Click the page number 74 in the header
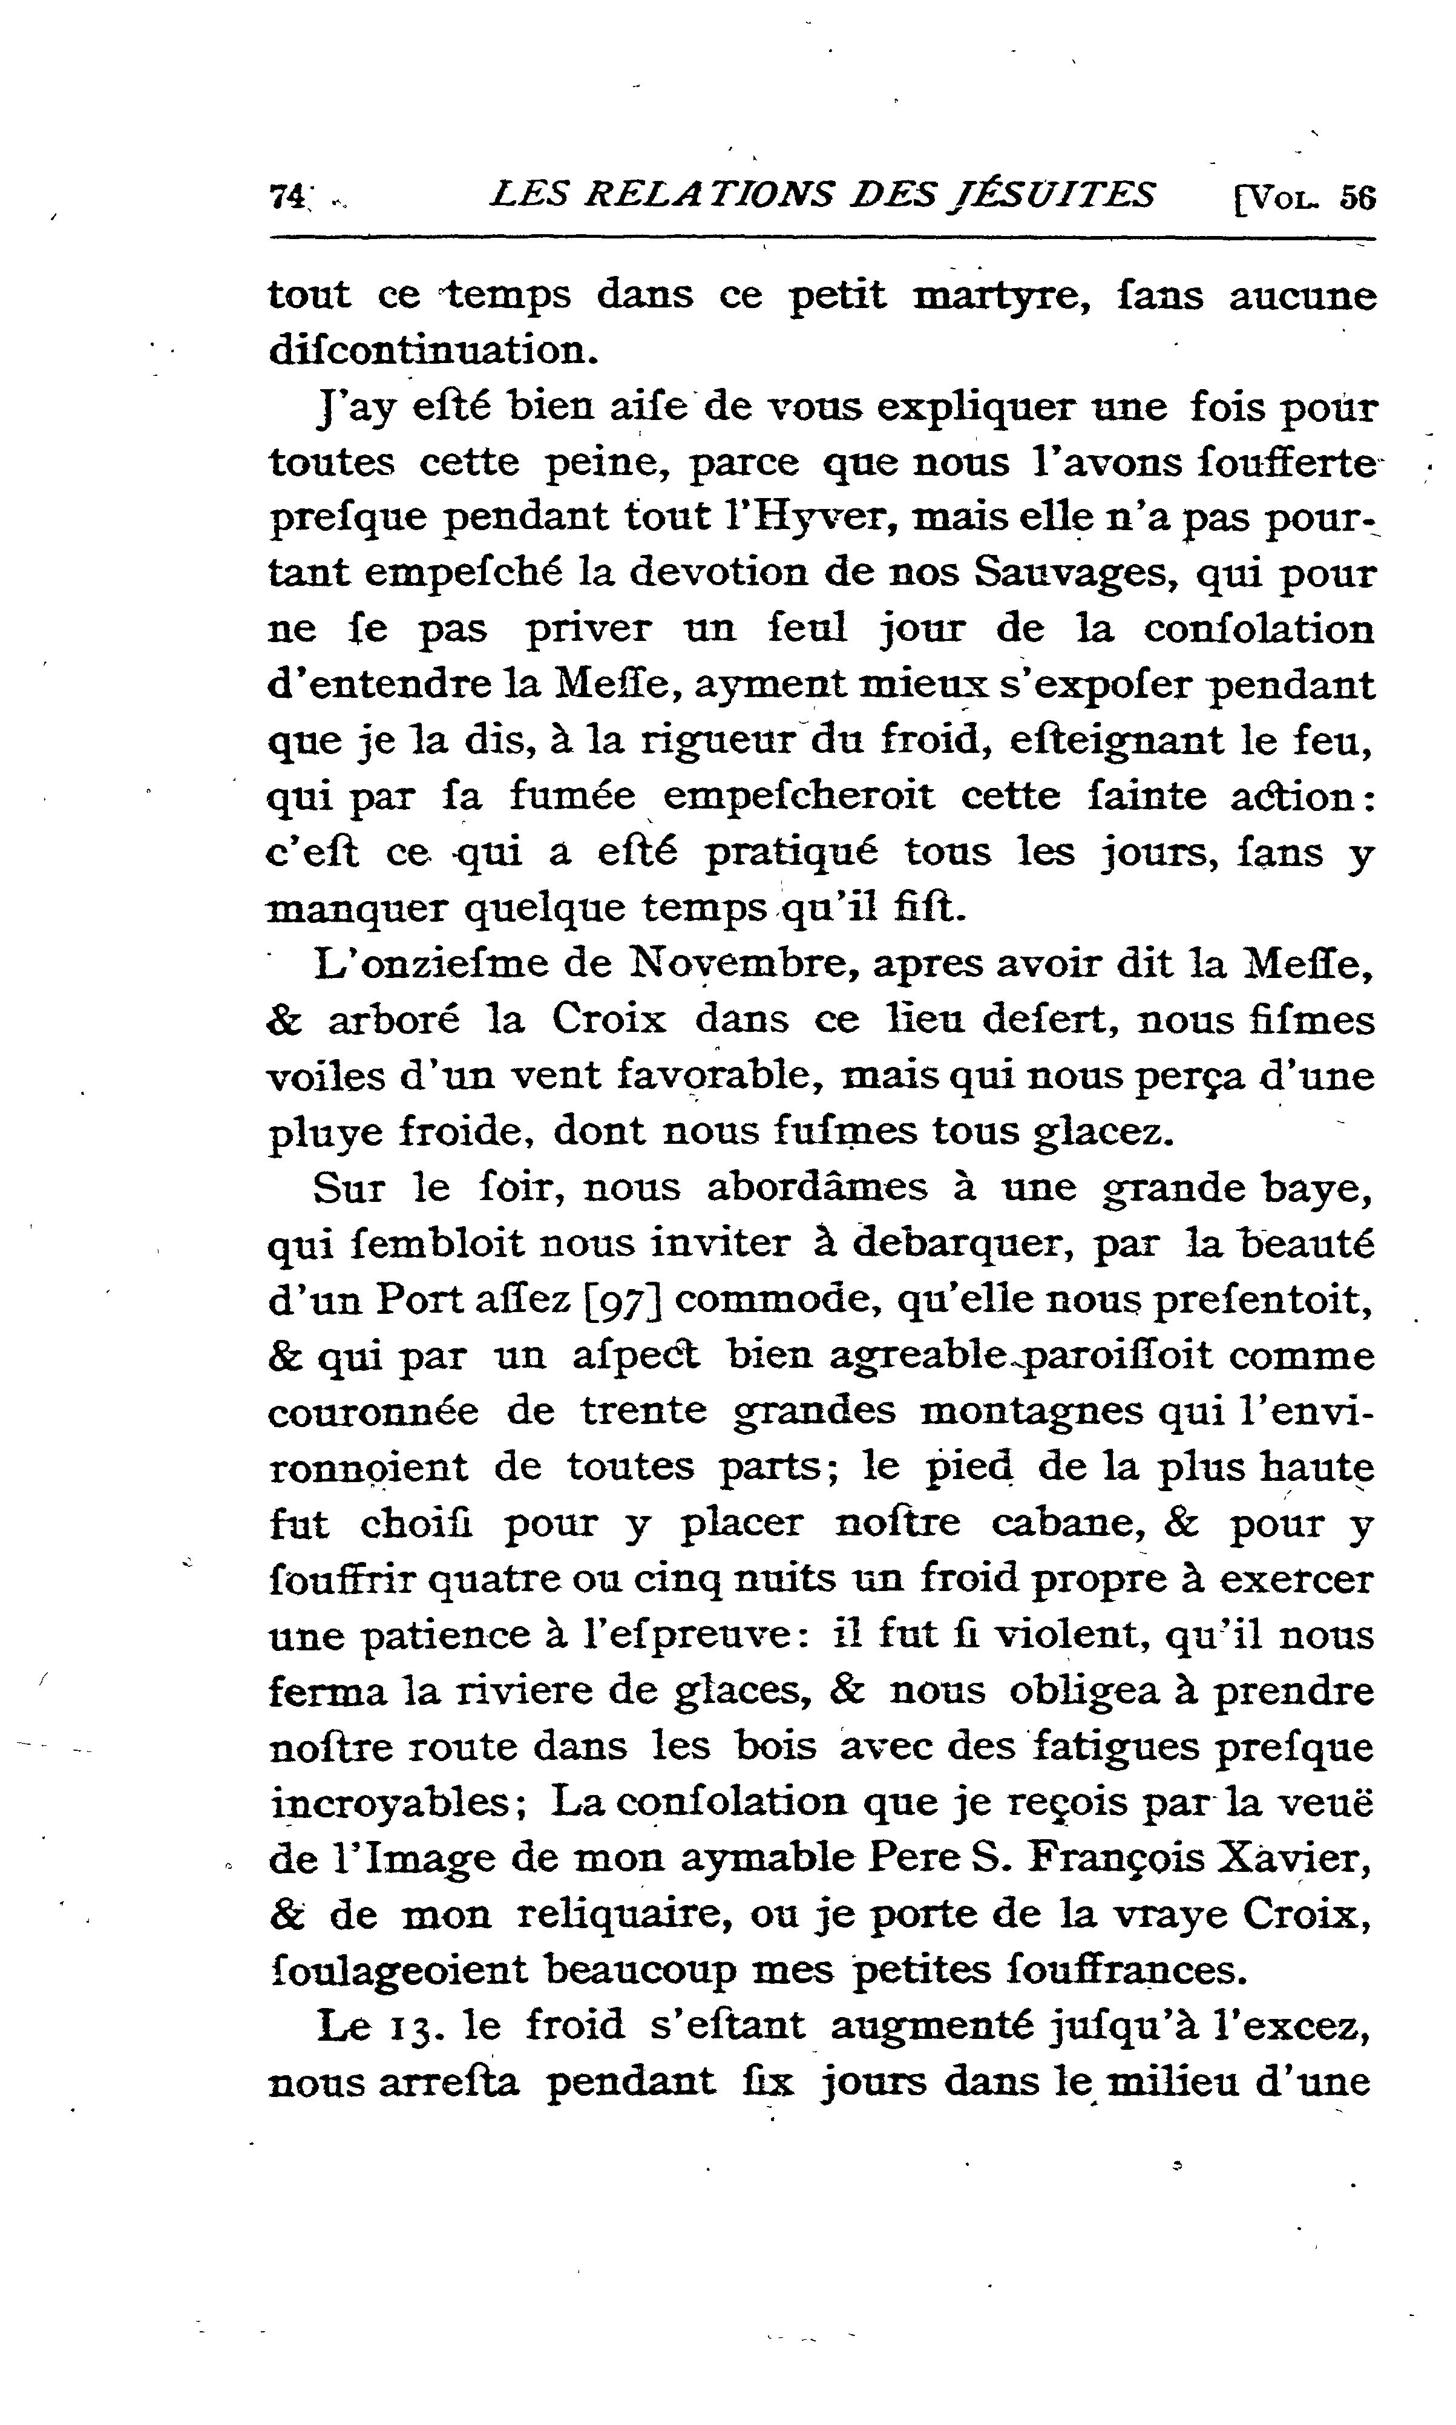pyautogui.click(x=286, y=196)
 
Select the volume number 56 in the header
pyautogui.click(x=1359, y=198)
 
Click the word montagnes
pyautogui.click(x=1032, y=1412)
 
